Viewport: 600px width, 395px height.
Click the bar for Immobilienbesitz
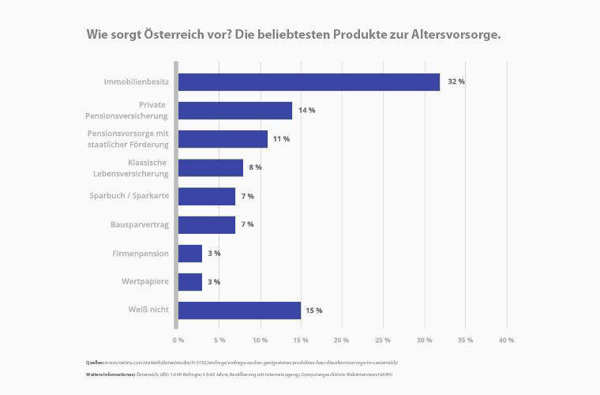pyautogui.click(x=309, y=82)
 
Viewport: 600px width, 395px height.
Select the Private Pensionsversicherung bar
pyautogui.click(x=235, y=111)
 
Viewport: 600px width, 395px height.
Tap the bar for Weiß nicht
pyautogui.click(x=239, y=310)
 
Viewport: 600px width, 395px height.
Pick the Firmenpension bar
pyautogui.click(x=190, y=254)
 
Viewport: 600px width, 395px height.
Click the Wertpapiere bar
pyautogui.click(x=190, y=282)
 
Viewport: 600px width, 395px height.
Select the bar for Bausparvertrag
pyautogui.click(x=207, y=225)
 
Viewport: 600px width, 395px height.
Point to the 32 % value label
pyautogui.click(x=456, y=82)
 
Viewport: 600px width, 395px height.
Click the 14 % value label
pyautogui.click(x=306, y=111)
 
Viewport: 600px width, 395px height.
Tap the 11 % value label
pyautogui.click(x=281, y=139)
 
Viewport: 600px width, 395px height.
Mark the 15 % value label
pyautogui.click(x=314, y=310)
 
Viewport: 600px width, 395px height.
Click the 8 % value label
pyautogui.click(x=256, y=167)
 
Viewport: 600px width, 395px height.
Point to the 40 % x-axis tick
pyautogui.click(x=506, y=340)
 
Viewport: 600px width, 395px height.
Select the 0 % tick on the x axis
pyautogui.click(x=178, y=340)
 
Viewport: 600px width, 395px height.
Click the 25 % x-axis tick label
pyautogui.click(x=383, y=340)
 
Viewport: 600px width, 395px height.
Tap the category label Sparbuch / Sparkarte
pyautogui.click(x=129, y=196)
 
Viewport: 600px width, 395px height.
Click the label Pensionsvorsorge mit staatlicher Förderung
pyautogui.click(x=128, y=139)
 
